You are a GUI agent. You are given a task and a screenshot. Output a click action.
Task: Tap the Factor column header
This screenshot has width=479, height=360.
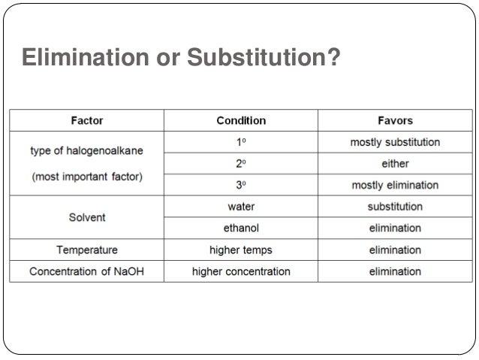[x=87, y=120]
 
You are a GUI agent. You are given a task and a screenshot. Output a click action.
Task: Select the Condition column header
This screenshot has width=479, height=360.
[x=241, y=120]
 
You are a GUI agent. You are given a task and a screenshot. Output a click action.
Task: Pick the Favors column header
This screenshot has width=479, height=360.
[x=395, y=120]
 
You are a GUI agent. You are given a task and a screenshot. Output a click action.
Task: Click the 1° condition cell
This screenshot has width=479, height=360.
[x=241, y=141]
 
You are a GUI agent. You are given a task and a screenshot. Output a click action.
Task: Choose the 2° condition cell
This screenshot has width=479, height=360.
[x=241, y=163]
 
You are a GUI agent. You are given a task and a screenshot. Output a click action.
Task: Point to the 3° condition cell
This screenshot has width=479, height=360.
[x=241, y=185]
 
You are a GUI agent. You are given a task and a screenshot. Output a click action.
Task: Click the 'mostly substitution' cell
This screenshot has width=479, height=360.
[x=395, y=141]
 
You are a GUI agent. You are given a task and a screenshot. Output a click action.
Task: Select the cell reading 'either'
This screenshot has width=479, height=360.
[x=395, y=163]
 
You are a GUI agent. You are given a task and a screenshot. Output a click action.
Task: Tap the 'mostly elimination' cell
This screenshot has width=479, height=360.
[x=395, y=185]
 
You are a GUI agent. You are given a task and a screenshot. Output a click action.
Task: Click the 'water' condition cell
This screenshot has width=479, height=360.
[x=241, y=206]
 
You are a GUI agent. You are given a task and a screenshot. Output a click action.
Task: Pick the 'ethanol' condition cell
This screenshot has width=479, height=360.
[x=241, y=228]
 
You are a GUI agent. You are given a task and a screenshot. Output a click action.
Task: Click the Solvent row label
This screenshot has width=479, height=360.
[x=87, y=217]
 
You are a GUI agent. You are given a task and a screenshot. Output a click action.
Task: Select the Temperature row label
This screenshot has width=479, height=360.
[x=87, y=250]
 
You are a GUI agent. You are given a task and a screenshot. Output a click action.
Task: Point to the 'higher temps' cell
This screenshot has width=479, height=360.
[x=241, y=250]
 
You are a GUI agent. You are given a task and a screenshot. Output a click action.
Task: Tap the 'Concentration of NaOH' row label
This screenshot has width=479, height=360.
[x=87, y=271]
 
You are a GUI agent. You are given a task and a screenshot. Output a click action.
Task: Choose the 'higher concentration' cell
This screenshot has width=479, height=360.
[x=241, y=271]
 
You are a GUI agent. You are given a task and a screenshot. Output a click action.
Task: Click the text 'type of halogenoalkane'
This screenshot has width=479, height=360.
[x=87, y=151]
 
